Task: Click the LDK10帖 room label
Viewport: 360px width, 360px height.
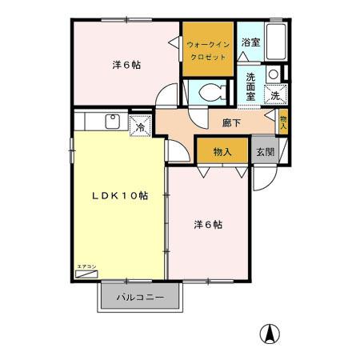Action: tap(119, 194)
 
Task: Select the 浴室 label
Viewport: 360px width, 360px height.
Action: tap(250, 42)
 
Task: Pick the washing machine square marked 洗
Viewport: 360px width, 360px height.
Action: tap(274, 95)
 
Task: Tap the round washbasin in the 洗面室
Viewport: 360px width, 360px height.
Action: tap(273, 74)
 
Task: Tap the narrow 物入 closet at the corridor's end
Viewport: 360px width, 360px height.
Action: tap(282, 122)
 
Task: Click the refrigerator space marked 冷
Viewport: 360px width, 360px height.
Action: tap(139, 126)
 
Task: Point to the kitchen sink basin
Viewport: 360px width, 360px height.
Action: tap(113, 122)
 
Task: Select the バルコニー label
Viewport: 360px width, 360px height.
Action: tap(140, 297)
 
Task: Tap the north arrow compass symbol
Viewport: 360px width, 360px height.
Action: tap(272, 334)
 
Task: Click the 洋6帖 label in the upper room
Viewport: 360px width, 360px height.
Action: tap(126, 65)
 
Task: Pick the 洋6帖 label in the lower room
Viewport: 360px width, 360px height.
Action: tap(207, 225)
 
